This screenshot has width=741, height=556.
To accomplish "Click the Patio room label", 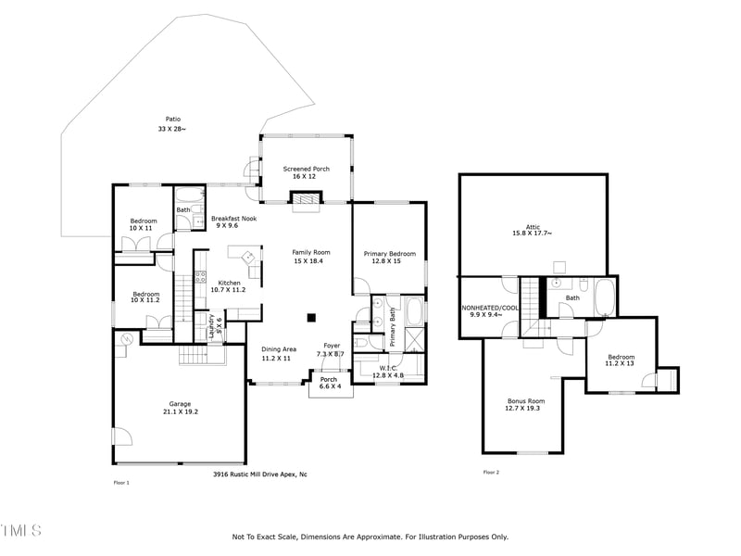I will (x=172, y=119).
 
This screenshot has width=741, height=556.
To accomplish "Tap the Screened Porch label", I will (x=306, y=169).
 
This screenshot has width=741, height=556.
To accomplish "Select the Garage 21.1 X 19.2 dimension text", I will (x=180, y=411).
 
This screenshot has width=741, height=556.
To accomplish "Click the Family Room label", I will (x=311, y=252).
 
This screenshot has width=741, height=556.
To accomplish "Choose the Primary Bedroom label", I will (x=389, y=253).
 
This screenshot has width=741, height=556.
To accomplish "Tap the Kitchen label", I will (x=229, y=283).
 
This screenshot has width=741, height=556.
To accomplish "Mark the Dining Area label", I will (x=278, y=348).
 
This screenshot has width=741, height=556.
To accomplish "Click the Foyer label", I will (x=331, y=346).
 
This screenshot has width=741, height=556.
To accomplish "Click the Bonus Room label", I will (x=524, y=400).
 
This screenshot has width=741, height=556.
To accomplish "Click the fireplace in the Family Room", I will (x=306, y=200).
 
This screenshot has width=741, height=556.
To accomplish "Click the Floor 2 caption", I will (x=491, y=473).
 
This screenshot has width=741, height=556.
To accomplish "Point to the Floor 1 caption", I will (x=121, y=483).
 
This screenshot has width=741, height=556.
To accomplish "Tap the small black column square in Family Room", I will (x=312, y=312).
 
